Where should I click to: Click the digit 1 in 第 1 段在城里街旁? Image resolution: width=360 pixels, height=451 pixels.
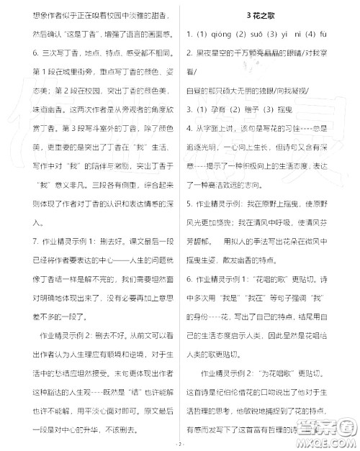(x=49, y=71)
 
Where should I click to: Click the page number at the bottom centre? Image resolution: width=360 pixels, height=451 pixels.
(x=181, y=444)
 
